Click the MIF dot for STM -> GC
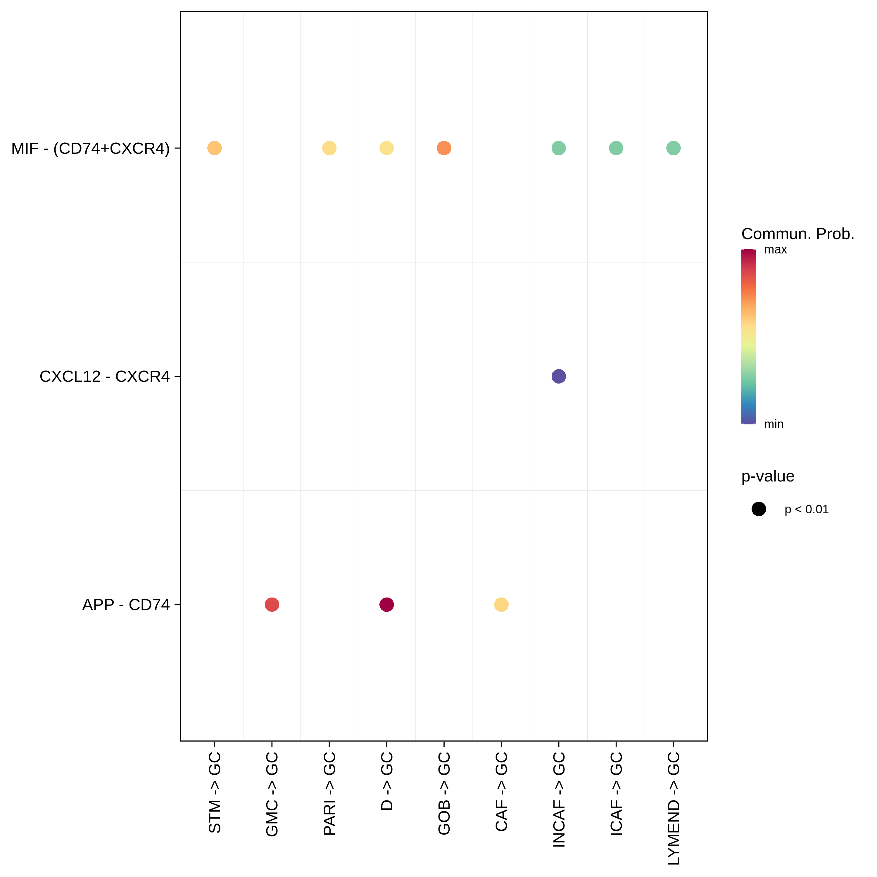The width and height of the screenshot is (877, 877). click(x=214, y=148)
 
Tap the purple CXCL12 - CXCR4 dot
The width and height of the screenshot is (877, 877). click(x=558, y=376)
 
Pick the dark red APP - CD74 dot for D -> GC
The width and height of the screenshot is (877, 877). click(x=386, y=605)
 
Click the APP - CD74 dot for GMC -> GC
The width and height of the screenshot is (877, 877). click(x=272, y=605)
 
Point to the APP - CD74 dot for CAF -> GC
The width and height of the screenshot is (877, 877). click(x=501, y=605)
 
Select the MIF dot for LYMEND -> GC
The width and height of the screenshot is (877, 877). click(x=673, y=148)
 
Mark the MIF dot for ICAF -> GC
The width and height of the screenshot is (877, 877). click(x=616, y=148)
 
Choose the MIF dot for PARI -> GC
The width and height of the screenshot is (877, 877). click(x=329, y=148)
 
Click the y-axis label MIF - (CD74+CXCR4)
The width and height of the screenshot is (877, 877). click(x=90, y=149)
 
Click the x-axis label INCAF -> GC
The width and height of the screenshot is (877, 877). click(x=559, y=799)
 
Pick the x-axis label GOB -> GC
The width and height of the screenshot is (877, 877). click(x=444, y=793)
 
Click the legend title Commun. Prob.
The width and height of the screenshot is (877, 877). click(x=797, y=234)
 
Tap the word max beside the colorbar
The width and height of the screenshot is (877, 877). click(x=775, y=250)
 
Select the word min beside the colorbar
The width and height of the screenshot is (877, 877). click(x=774, y=424)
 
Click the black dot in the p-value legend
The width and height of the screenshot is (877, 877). click(x=759, y=509)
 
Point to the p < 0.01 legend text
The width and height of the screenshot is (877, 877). click(x=807, y=509)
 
